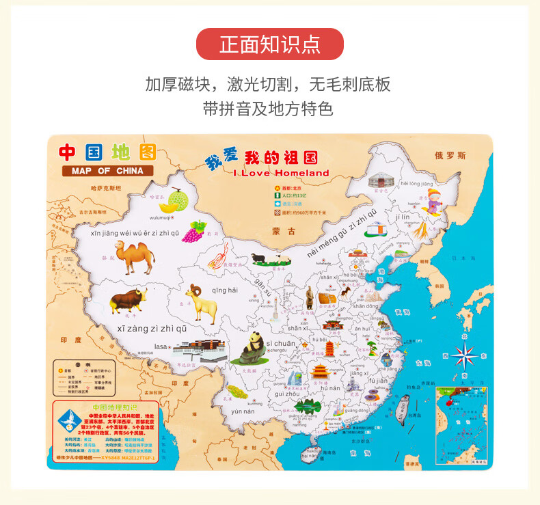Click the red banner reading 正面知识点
tap(269, 44)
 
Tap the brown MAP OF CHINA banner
tap(107, 171)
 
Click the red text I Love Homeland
tap(281, 173)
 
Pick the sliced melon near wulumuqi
tap(173, 201)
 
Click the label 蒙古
tap(283, 232)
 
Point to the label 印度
tap(70, 340)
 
